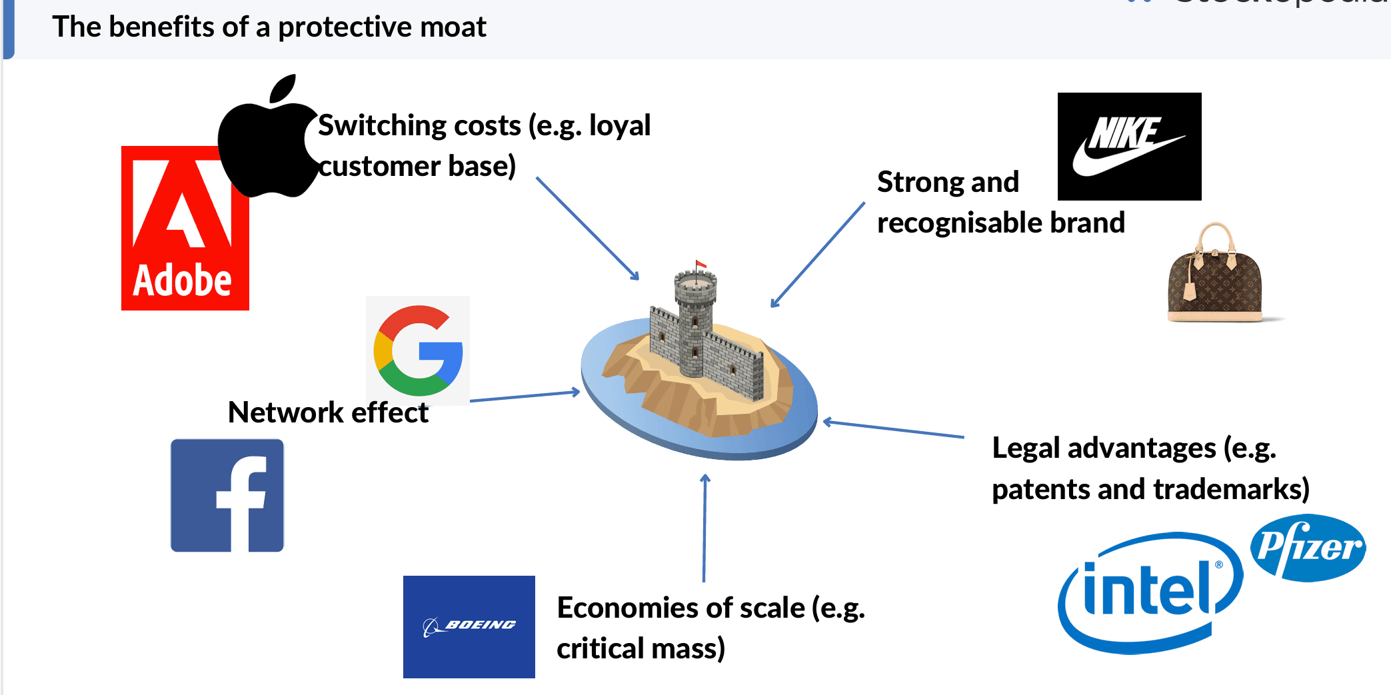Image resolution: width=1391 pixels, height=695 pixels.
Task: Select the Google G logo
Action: pos(418,350)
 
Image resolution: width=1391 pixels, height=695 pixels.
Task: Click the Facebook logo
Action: pos(227,495)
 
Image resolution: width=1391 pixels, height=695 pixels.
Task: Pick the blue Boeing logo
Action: pos(469,626)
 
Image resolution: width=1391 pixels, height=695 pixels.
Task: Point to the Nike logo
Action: pos(1129,147)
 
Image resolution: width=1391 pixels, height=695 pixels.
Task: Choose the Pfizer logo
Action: pos(1308,548)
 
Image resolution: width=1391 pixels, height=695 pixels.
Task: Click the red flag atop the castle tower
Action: pos(700,265)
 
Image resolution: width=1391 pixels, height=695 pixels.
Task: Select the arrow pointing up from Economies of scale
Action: pos(704,526)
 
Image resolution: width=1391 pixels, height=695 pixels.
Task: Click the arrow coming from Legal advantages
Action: pos(893,429)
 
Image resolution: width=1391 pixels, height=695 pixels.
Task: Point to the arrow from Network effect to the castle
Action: pos(525,396)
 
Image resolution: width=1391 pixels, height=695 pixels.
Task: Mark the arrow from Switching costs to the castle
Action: pos(587,227)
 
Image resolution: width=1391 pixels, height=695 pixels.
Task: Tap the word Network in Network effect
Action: pos(285,412)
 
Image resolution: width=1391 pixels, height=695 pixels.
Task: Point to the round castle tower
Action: pos(695,320)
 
